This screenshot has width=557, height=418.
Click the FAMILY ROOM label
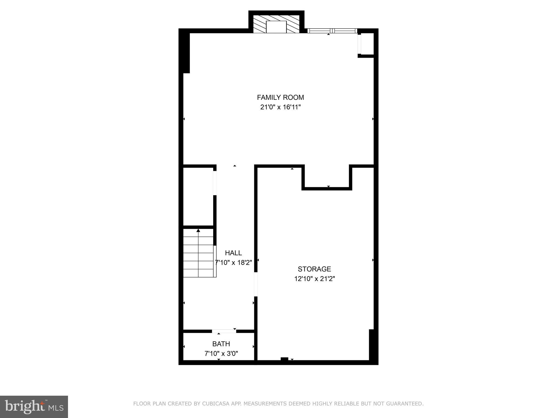[280, 97]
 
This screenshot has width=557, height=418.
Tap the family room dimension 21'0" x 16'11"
[280, 107]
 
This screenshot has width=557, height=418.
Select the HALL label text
[233, 253]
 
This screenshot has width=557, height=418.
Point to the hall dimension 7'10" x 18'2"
[233, 263]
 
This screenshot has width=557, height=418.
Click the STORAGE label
[314, 269]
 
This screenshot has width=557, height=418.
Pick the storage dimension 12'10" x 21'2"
[314, 279]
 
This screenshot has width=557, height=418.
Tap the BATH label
[221, 344]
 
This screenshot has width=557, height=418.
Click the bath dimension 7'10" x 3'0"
[221, 354]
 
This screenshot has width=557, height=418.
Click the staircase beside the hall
[199, 253]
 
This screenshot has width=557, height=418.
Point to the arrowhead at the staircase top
[198, 230]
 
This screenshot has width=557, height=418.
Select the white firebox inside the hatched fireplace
[276, 27]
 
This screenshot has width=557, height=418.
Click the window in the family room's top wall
[332, 31]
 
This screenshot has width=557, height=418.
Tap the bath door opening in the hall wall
[224, 331]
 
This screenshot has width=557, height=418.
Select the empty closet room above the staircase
[198, 196]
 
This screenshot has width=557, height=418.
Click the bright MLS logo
[34, 407]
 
